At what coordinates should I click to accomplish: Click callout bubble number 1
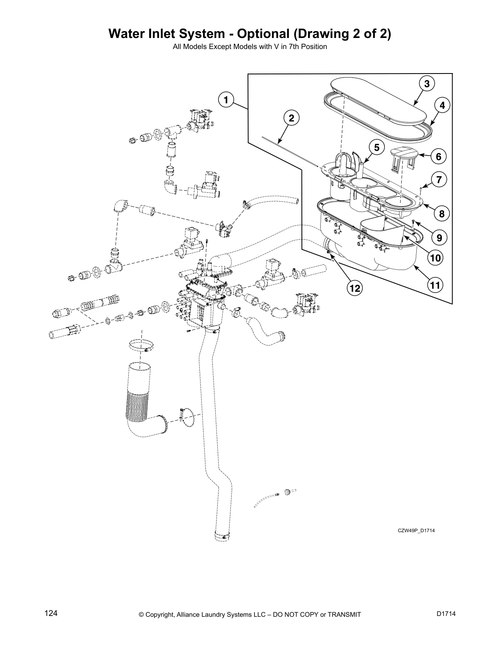coord(225,99)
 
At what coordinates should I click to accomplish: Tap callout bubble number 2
coord(291,118)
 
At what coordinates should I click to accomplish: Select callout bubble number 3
coord(426,84)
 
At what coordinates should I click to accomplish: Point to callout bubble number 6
coord(438,156)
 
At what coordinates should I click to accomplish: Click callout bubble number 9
coord(438,237)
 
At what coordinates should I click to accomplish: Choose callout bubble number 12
coord(354,288)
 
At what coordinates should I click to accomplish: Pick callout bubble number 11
coord(435,285)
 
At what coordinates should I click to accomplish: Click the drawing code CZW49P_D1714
coord(416,531)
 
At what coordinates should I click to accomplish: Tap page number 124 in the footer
coord(51,613)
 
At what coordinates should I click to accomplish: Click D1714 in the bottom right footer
coord(446,614)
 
